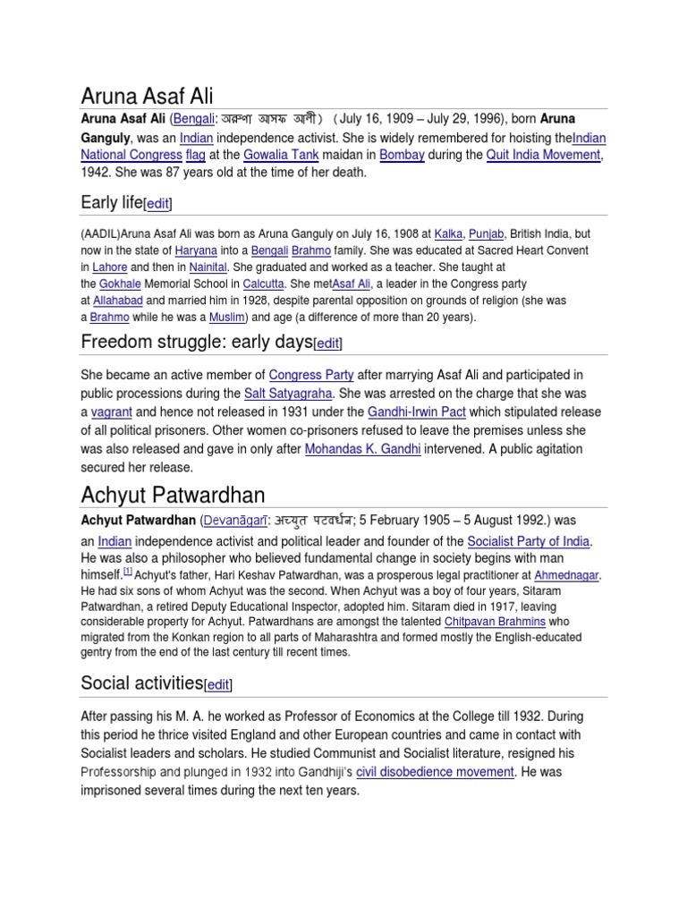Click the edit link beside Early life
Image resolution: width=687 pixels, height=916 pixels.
pyautogui.click(x=157, y=204)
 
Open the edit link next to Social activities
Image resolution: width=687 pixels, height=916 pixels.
pyautogui.click(x=218, y=685)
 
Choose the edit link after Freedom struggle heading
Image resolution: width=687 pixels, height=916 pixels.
pyautogui.click(x=328, y=343)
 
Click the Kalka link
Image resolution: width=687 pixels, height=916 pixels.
pyautogui.click(x=448, y=234)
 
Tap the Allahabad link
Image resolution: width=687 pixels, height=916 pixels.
pyautogui.click(x=117, y=301)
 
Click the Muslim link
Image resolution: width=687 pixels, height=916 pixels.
pyautogui.click(x=227, y=317)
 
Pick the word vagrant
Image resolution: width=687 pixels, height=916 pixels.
pyautogui.click(x=111, y=412)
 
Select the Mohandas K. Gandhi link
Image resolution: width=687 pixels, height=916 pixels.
pyautogui.click(x=362, y=449)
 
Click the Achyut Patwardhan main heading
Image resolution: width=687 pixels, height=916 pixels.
pyautogui.click(x=173, y=495)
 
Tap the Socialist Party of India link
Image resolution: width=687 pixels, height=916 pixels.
pyautogui.click(x=530, y=541)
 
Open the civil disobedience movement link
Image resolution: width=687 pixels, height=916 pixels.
pyautogui.click(x=435, y=771)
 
